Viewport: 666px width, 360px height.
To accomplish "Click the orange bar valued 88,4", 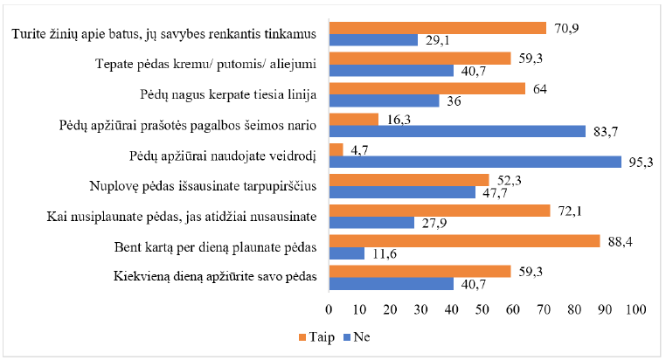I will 464,240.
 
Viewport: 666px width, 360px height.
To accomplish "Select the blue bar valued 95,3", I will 475,162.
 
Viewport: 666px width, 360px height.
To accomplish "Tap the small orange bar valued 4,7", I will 336,149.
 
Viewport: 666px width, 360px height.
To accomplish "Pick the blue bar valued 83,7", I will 457,131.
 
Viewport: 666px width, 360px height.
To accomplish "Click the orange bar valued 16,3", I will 353,119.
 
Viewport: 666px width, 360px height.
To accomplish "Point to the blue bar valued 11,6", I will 346,253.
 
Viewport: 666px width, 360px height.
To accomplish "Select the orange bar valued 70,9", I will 437,27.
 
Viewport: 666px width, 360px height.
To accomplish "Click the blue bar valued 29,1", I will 373,39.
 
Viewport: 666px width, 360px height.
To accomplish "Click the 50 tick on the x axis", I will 482,309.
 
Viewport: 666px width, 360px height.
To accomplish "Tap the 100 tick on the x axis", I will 635,309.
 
